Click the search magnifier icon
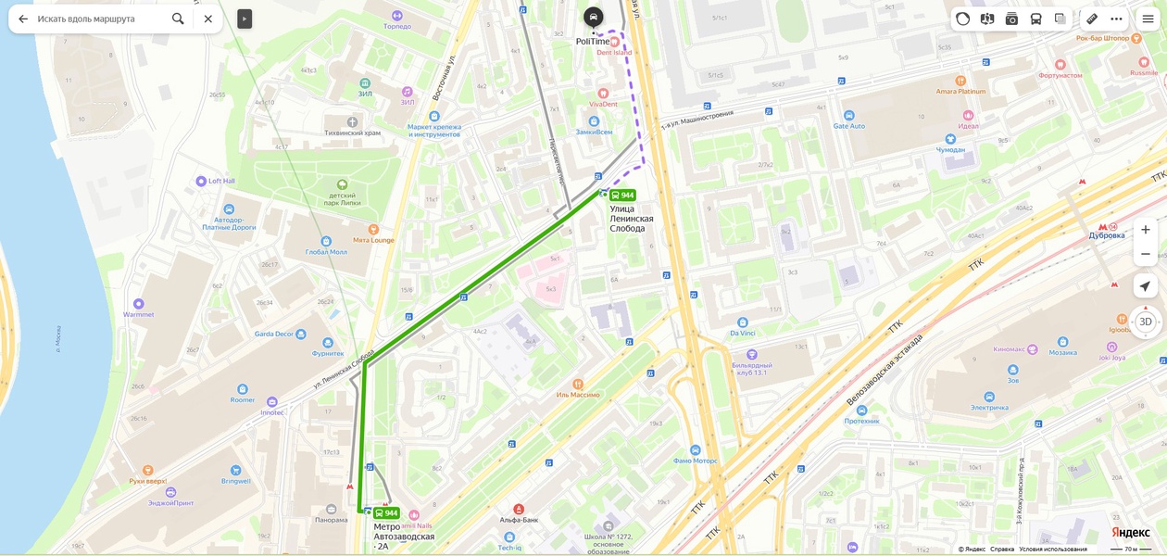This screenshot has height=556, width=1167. (x=178, y=19)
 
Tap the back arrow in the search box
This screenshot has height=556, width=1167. (x=24, y=19)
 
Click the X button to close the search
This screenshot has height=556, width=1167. (x=208, y=19)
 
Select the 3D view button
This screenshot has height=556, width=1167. (x=1145, y=322)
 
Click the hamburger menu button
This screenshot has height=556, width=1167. (x=1148, y=19)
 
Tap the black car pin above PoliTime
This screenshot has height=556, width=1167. (x=594, y=17)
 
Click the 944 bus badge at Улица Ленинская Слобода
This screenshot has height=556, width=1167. (x=622, y=196)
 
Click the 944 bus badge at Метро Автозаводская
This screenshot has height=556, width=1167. (x=386, y=513)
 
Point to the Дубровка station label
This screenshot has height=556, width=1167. (x=1107, y=235)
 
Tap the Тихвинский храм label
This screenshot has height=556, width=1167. (x=352, y=133)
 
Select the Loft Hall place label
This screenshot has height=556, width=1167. (x=221, y=181)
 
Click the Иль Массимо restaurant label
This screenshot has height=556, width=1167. (x=578, y=395)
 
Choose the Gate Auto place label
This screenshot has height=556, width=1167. (x=848, y=126)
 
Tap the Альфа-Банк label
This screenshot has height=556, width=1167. (x=519, y=520)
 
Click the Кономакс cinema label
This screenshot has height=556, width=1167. (x=1015, y=349)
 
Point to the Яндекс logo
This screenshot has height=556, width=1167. (x=1130, y=533)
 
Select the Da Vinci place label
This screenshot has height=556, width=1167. (x=743, y=333)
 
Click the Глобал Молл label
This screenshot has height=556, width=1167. (x=326, y=251)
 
